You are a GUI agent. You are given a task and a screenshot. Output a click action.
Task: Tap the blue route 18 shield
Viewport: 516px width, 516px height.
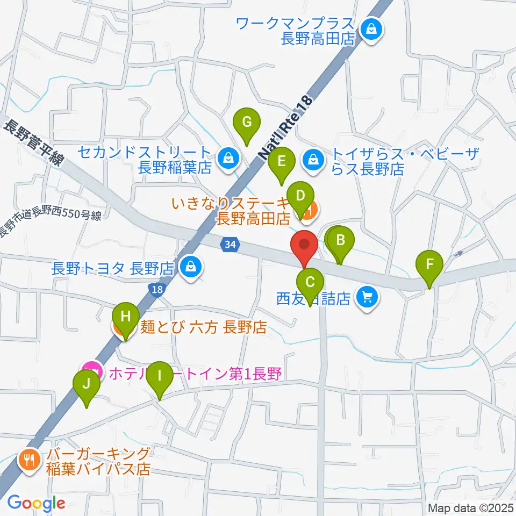click(x=155, y=290)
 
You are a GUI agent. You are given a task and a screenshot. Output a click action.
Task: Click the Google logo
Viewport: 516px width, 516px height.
click(x=37, y=503)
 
